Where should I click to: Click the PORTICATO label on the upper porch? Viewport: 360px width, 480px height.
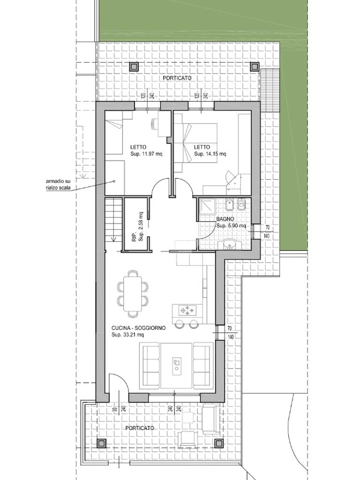click(177, 78)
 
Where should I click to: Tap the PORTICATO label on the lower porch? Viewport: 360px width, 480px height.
click(140, 428)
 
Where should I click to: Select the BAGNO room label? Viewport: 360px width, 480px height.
click(225, 219)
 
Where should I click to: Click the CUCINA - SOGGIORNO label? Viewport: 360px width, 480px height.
click(138, 328)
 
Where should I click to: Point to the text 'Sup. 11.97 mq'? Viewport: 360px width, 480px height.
click(146, 154)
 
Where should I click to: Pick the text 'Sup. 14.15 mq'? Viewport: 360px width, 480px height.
click(210, 154)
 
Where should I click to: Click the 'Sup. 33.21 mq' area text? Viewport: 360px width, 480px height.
click(127, 335)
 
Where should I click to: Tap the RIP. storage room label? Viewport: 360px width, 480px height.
click(134, 238)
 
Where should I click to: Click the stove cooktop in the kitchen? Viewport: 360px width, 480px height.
click(187, 311)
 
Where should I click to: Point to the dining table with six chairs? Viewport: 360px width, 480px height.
click(133, 293)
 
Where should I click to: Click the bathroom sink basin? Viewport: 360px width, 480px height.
click(229, 245)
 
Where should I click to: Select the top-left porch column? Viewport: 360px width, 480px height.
click(134, 67)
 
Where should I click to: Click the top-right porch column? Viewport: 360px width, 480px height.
click(255, 67)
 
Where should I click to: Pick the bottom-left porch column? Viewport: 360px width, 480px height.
click(101, 443)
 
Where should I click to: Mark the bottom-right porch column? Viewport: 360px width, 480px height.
click(218, 443)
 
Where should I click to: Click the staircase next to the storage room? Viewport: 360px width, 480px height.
click(114, 219)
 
